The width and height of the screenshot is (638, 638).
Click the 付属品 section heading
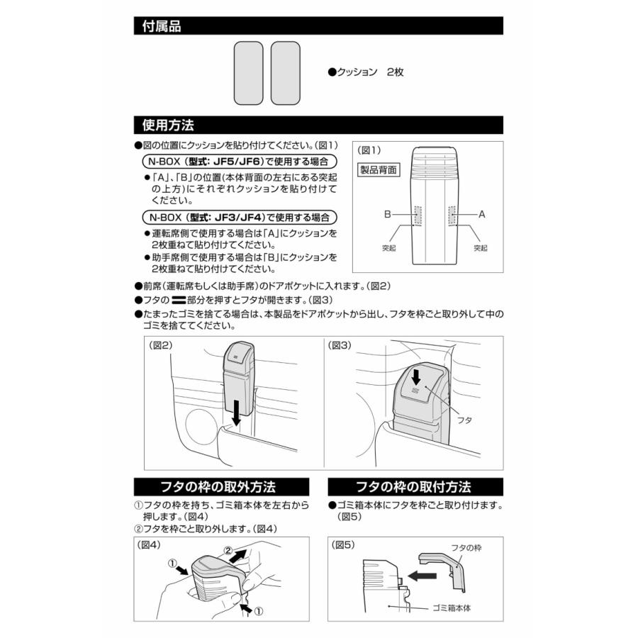point(162,27)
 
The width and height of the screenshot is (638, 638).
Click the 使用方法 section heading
point(168,125)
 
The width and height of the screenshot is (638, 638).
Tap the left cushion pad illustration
point(248,73)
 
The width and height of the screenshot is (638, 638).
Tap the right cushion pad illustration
point(286,73)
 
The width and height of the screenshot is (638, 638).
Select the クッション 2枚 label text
point(366,72)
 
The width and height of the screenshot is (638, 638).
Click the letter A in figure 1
point(482,213)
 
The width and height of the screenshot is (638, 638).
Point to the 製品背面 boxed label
point(379,169)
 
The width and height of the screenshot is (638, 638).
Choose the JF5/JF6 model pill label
point(239,161)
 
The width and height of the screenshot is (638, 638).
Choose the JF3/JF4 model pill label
point(239,216)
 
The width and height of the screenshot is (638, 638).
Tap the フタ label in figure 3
point(466,420)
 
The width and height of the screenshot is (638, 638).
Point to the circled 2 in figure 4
point(229,549)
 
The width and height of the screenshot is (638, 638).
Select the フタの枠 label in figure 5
point(466,548)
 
